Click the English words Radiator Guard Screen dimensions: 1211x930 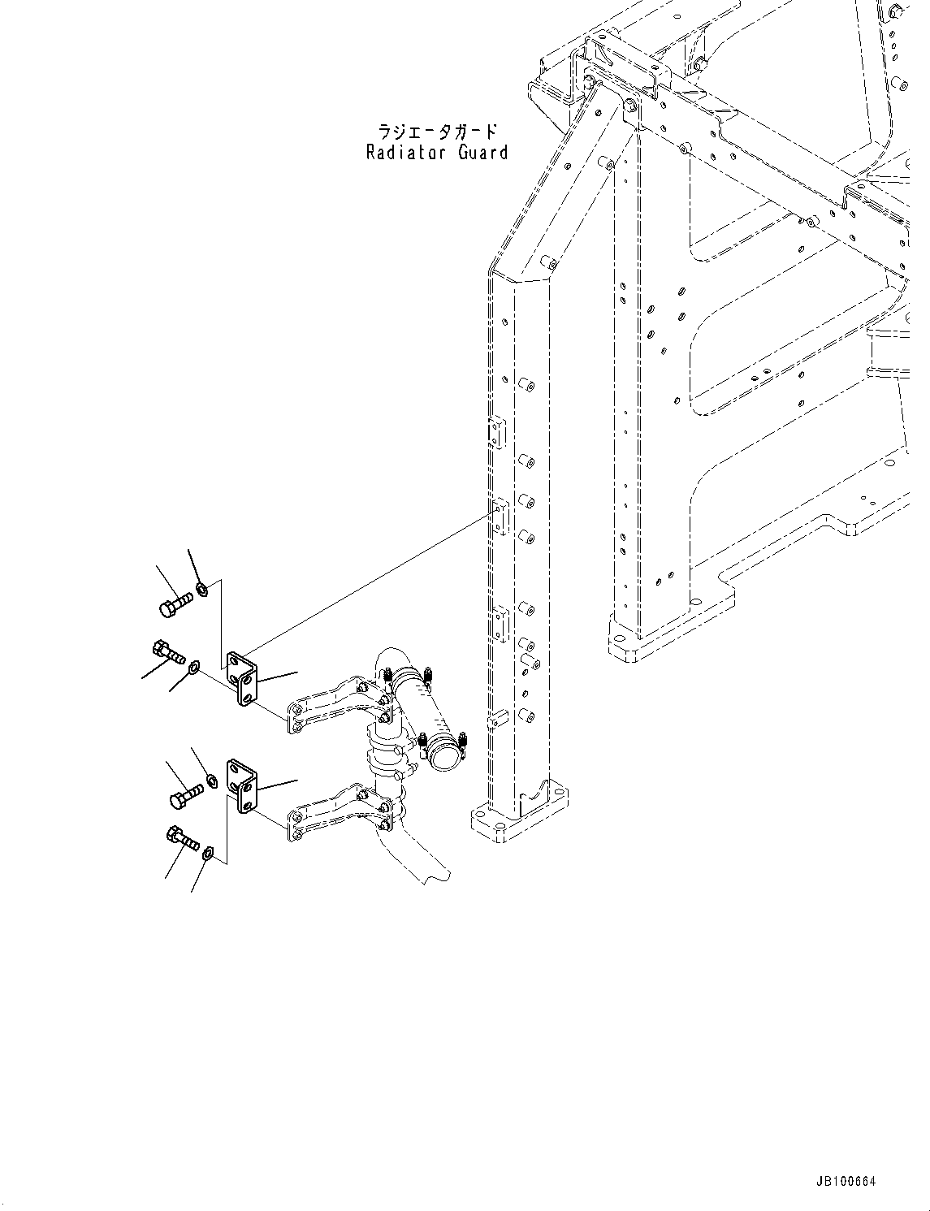click(437, 152)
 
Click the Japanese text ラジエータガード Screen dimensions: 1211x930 click(437, 131)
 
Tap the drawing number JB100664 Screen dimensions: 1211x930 click(846, 1182)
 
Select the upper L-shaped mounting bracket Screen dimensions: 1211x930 click(243, 678)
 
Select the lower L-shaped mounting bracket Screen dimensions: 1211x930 click(243, 786)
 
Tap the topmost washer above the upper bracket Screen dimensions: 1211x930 click(202, 588)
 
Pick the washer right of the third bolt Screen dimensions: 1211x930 click(211, 781)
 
